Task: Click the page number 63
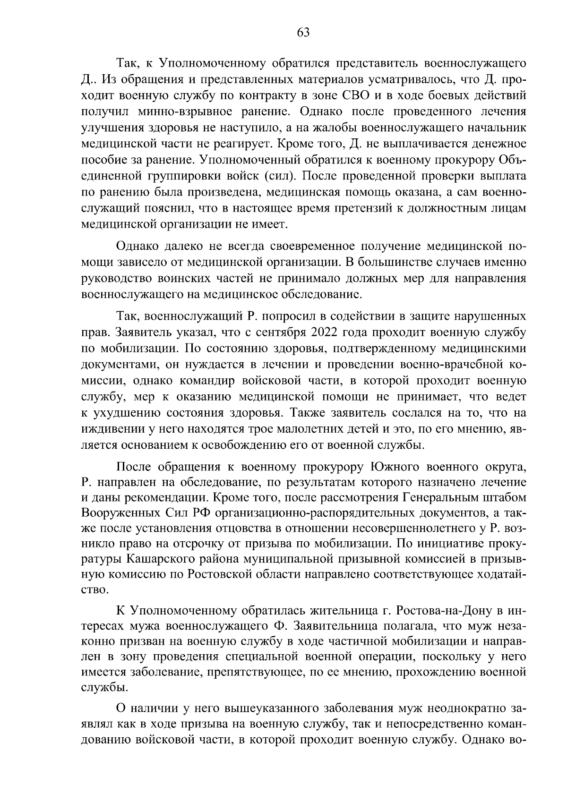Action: [x=303, y=33]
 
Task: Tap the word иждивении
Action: [x=110, y=429]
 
